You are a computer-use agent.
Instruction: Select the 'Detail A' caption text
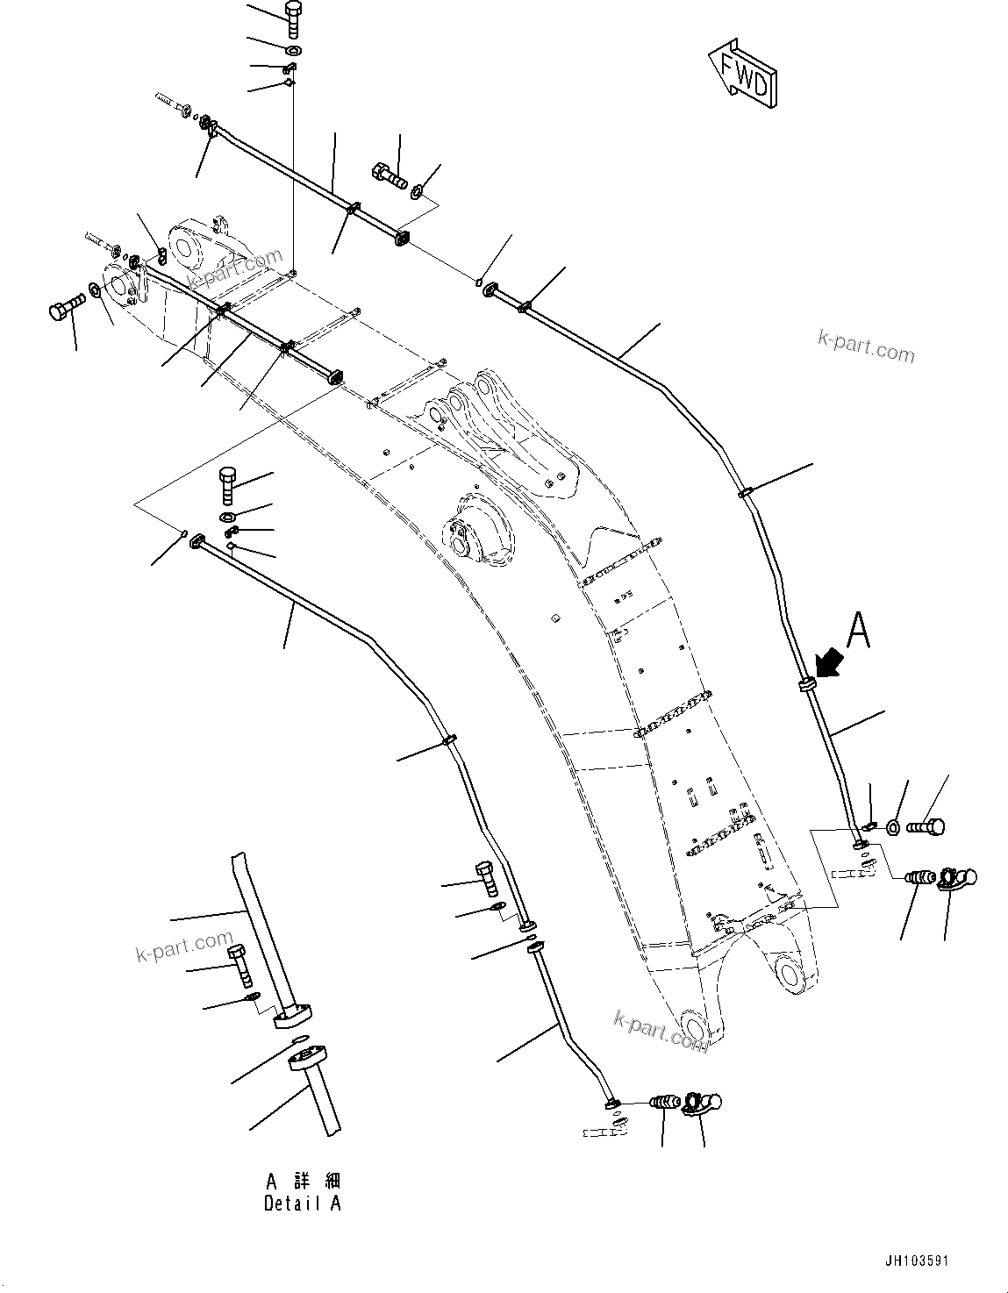coord(302,1204)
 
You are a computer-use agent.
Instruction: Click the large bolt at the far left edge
coord(67,308)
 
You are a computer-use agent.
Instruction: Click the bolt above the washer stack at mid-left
coord(226,484)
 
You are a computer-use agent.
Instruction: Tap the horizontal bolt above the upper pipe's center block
coord(390,175)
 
